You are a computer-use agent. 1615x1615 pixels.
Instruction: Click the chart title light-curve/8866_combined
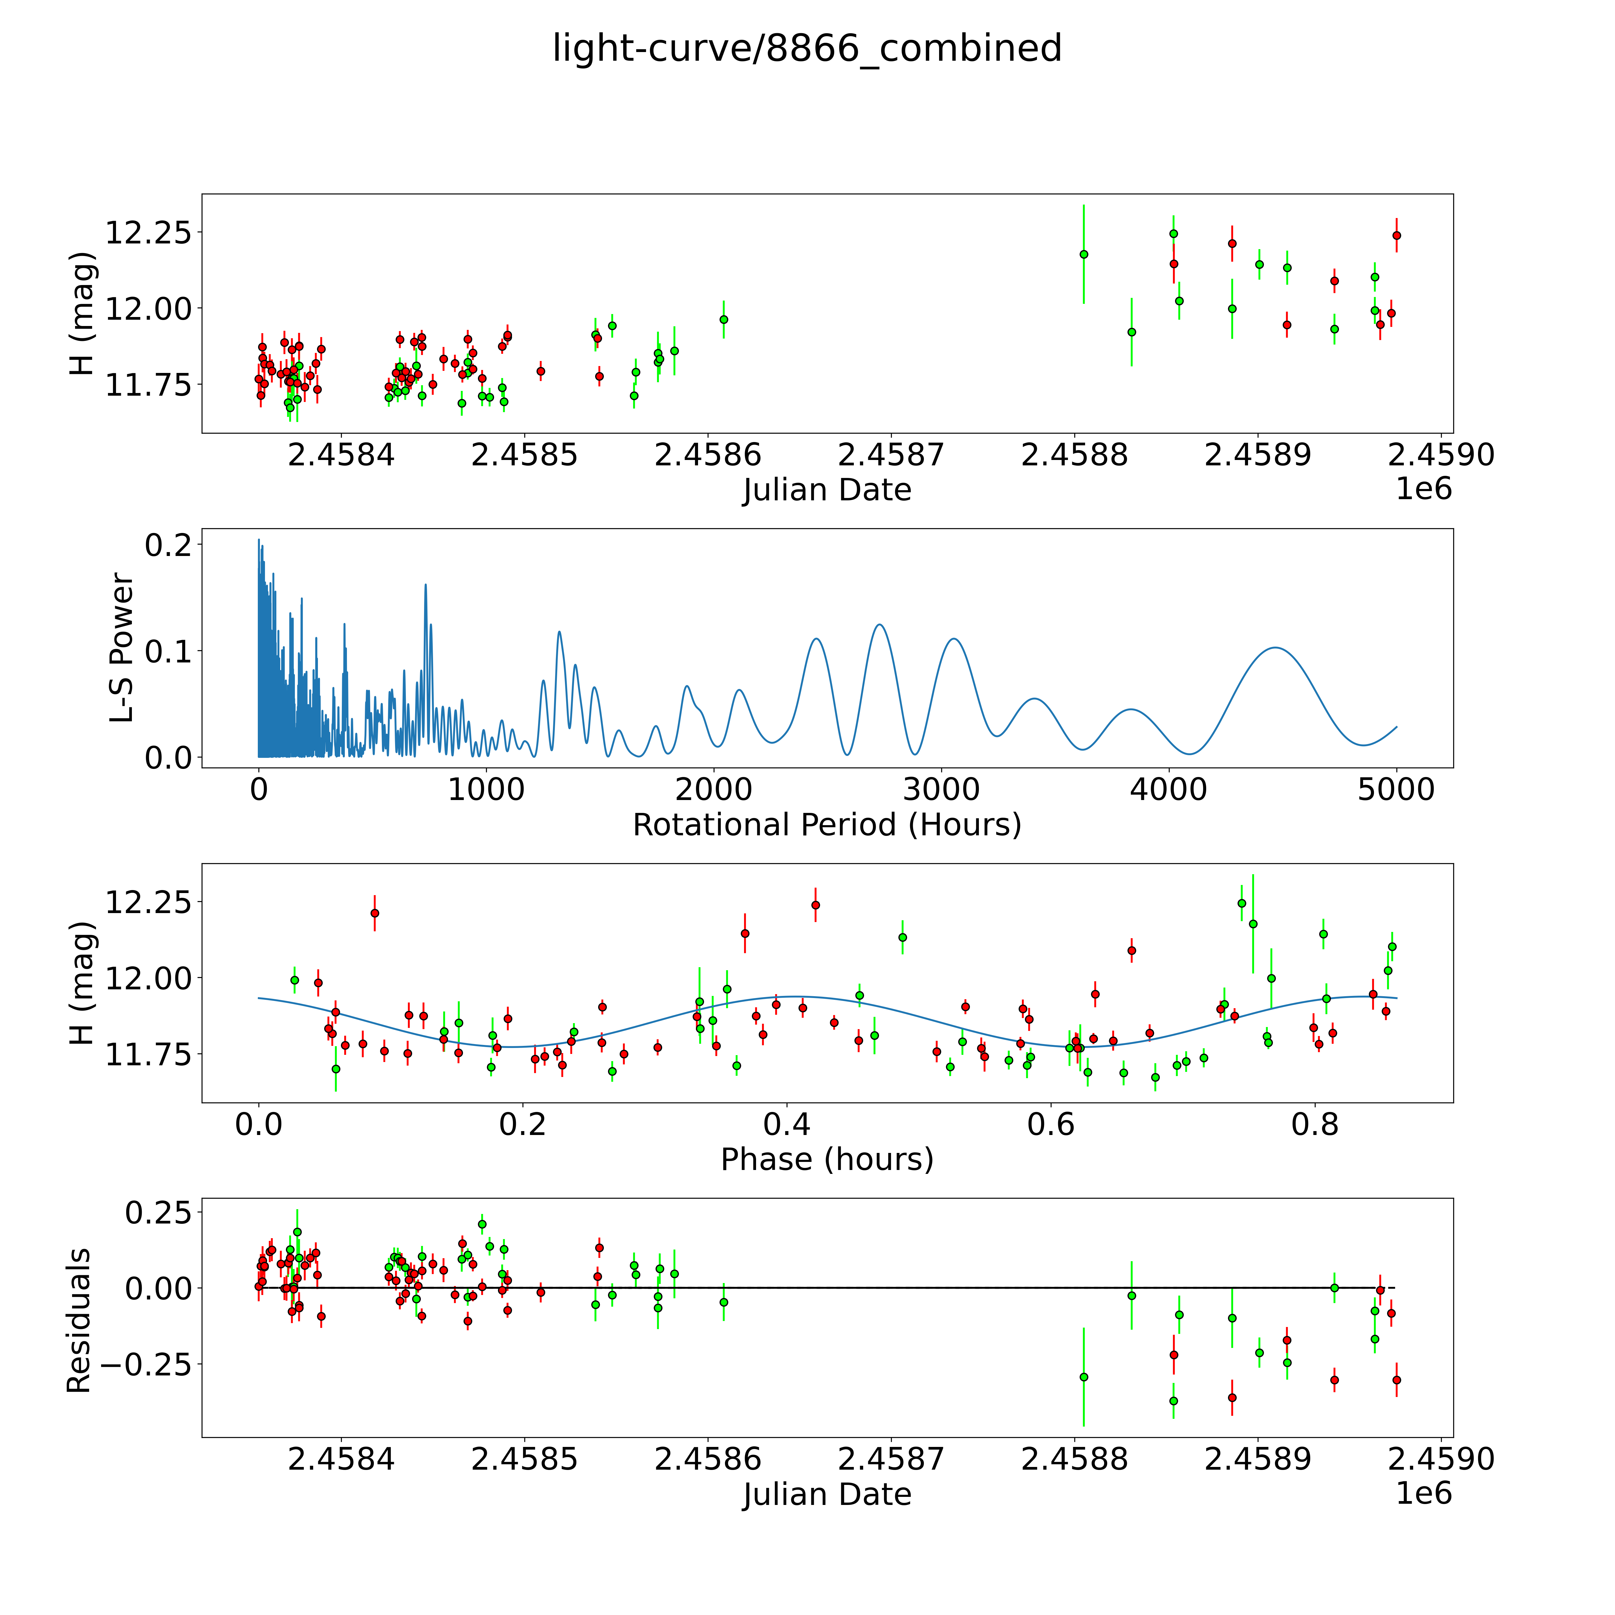[807, 48]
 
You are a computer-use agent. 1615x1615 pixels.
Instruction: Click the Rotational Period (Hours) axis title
[827, 825]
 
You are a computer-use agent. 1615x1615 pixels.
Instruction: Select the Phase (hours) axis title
[827, 1160]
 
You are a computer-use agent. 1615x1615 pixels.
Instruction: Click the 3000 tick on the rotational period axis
[941, 790]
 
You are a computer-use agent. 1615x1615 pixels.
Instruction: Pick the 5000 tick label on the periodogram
[1396, 790]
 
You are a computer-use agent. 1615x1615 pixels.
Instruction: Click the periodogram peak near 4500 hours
[1275, 648]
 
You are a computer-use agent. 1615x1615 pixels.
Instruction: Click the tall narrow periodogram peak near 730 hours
[426, 585]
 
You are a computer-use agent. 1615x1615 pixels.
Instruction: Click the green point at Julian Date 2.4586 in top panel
[724, 319]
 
